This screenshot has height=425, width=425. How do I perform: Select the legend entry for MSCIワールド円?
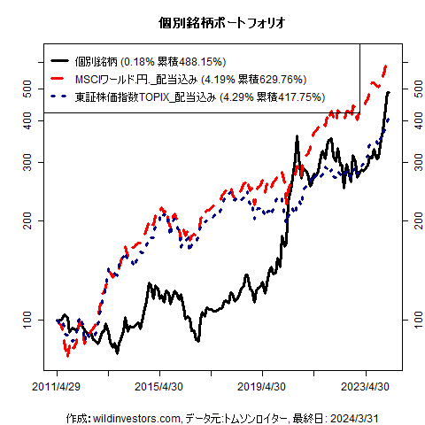[x=142, y=80]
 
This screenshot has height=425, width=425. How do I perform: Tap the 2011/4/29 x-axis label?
[x=58, y=387]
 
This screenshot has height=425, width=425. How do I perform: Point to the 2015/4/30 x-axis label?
[x=160, y=387]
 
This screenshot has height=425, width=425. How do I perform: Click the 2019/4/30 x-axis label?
[x=262, y=387]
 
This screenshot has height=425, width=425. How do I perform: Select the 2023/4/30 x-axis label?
[x=365, y=387]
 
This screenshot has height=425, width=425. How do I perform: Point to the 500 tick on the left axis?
[x=27, y=89]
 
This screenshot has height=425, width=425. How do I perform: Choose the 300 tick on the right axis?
[x=415, y=162]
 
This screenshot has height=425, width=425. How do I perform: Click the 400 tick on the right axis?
[x=415, y=121]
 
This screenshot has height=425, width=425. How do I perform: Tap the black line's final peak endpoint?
[x=389, y=92]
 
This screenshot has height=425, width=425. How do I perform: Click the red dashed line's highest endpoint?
[x=386, y=66]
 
